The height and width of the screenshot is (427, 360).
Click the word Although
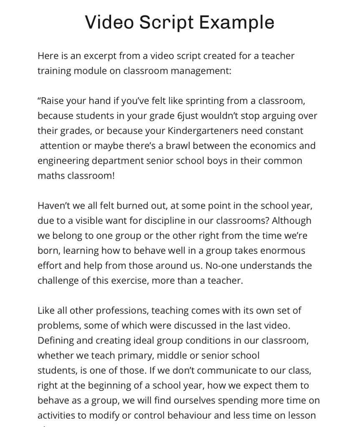(292, 221)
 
